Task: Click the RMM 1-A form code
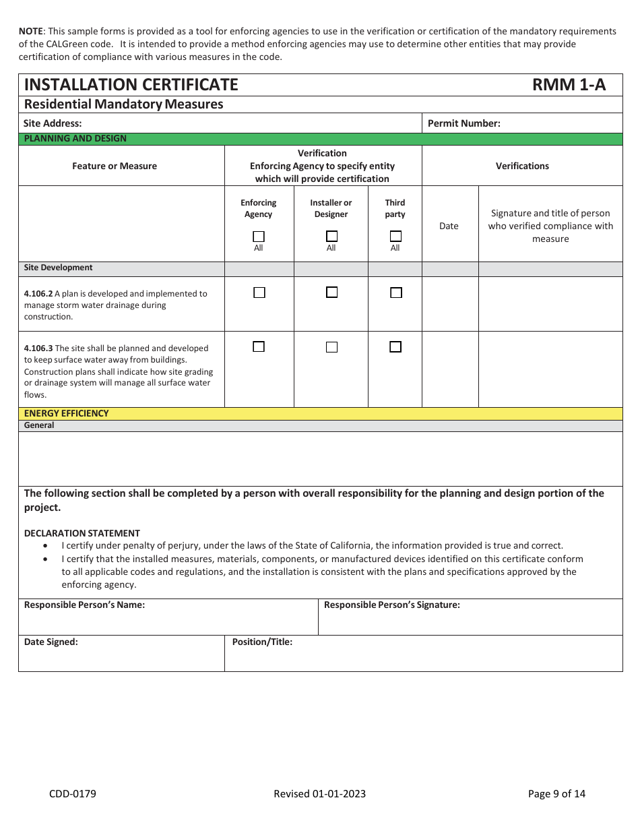point(569,84)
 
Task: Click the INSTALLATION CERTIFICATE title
point(131,84)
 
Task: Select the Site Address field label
point(53,123)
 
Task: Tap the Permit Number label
point(463,123)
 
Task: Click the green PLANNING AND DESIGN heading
point(75,138)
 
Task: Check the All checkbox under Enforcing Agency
point(259,237)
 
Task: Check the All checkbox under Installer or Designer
point(331,237)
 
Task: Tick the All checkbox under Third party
point(395,237)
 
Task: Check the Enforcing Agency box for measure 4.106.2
point(259,293)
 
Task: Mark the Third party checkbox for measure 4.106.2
point(395,293)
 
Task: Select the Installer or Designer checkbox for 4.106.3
point(331,347)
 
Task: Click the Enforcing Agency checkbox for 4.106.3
point(259,346)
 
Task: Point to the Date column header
point(449,226)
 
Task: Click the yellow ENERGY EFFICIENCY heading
point(66,413)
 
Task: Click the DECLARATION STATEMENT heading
point(82,533)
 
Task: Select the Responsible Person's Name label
point(84,605)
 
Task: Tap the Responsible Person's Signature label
point(391,605)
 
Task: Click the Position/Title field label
point(262,642)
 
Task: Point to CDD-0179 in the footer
point(73,793)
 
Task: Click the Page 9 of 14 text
point(556,793)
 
